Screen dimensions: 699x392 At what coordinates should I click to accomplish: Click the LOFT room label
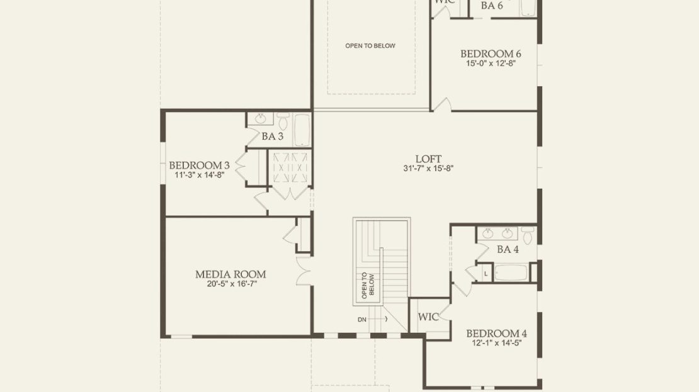428,159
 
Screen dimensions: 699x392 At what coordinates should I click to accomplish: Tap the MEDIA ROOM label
230,274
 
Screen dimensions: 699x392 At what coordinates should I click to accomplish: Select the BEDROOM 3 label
199,165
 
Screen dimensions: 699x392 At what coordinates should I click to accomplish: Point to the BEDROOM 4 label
497,333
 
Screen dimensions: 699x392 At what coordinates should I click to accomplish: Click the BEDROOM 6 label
491,54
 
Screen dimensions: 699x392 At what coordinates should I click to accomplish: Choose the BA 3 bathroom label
273,137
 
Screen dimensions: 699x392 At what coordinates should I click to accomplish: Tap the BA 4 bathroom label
508,249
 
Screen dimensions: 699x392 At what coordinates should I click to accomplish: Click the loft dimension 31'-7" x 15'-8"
428,169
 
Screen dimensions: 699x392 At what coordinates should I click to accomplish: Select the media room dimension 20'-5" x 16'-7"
232,284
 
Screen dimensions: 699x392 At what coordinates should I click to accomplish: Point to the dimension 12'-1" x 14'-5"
497,343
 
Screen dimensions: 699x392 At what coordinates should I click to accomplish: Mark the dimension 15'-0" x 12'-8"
491,64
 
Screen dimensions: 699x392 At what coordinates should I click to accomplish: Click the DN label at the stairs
362,320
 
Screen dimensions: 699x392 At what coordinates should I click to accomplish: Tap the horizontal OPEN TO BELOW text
370,45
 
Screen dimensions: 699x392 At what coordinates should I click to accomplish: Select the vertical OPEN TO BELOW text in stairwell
368,285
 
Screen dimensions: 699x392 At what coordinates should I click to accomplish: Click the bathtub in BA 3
302,130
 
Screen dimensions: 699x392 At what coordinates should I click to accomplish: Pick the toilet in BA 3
283,120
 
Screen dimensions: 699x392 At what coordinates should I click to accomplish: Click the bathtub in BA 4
511,272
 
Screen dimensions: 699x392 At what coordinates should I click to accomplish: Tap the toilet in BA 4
528,235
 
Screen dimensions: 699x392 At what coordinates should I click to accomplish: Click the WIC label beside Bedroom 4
428,317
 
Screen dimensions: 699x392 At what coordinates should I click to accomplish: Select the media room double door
303,271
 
